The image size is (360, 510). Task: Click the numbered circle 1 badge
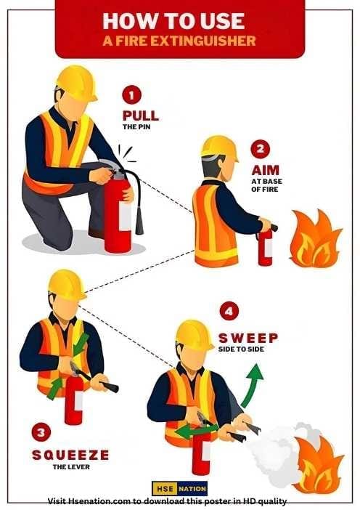pyautogui.click(x=131, y=94)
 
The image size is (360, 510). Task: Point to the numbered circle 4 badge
pyautogui.click(x=230, y=312)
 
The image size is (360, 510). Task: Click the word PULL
pyautogui.click(x=140, y=116)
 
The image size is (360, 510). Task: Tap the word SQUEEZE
pyautogui.click(x=70, y=455)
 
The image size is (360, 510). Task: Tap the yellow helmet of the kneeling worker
pyautogui.click(x=78, y=82)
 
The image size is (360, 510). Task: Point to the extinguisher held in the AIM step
pyautogui.click(x=265, y=247)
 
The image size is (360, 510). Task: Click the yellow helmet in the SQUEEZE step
pyautogui.click(x=67, y=283)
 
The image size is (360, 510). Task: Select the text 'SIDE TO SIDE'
pyautogui.click(x=242, y=349)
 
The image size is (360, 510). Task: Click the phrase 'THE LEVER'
pyautogui.click(x=70, y=467)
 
